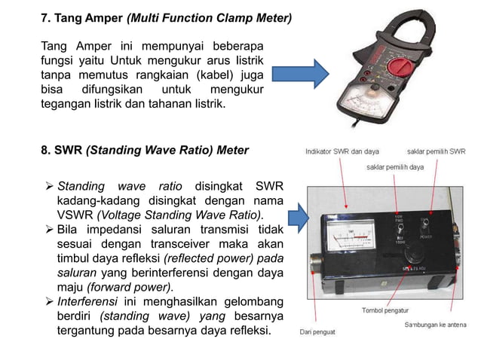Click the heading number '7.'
[x=43, y=15]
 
